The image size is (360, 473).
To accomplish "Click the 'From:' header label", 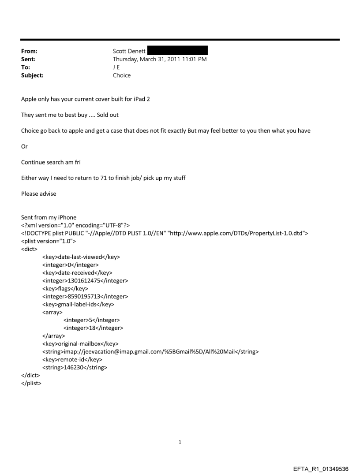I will coord(29,51).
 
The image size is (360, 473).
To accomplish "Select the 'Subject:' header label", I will coord(32,75).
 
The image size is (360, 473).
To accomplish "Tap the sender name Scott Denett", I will coord(129,51).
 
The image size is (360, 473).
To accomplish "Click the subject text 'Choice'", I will coord(122,75).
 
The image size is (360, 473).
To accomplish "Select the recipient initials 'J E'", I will coord(117,67).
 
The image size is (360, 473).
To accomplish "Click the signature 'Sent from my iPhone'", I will coord(48,218).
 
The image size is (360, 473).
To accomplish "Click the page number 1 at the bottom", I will coord(180,442).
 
